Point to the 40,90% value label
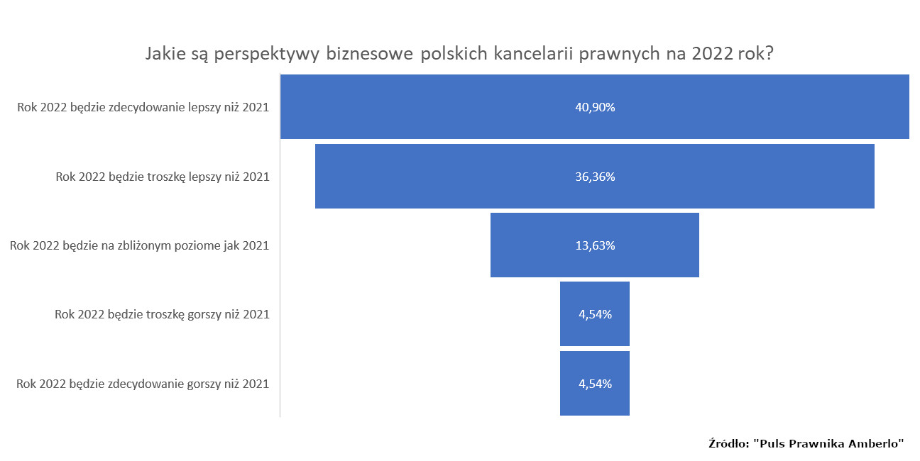595,108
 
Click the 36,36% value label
595,177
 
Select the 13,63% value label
595,245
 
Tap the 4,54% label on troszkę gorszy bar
595,314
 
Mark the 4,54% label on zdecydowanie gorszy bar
595,384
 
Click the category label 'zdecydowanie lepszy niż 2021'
143,108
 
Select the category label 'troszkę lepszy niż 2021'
163,177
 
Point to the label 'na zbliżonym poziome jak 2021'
139,246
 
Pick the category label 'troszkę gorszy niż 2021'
162,314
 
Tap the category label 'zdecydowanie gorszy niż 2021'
142,384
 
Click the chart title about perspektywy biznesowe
459,55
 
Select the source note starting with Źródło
806,443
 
